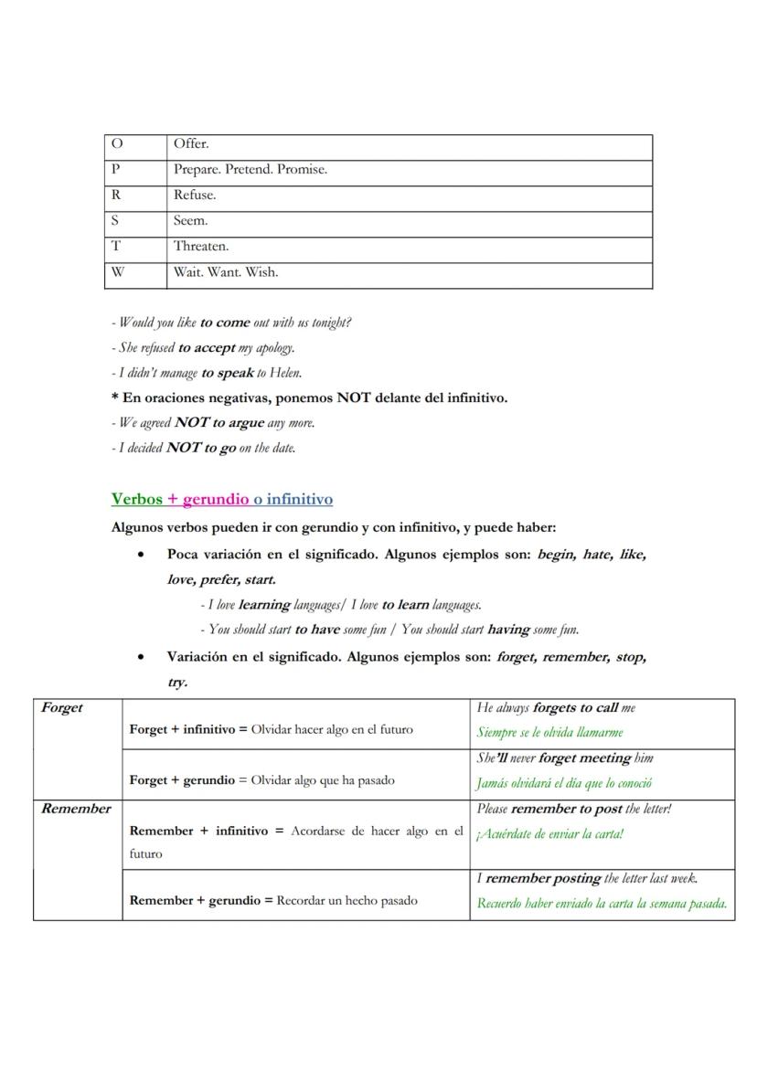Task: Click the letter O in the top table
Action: [116, 144]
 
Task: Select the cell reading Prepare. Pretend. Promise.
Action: [250, 170]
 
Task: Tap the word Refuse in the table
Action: [195, 196]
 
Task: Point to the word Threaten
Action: [201, 247]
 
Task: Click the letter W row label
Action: [118, 272]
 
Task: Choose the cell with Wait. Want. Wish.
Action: [226, 272]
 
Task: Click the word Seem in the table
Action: [190, 221]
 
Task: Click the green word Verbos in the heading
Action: [136, 499]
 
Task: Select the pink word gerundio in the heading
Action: [215, 499]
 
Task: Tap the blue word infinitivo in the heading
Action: [300, 499]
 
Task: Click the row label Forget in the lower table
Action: [61, 708]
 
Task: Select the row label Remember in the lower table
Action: [76, 809]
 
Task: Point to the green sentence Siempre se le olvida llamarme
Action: [549, 732]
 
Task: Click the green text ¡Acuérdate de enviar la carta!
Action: [549, 833]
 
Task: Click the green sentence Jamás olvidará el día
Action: [564, 783]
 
